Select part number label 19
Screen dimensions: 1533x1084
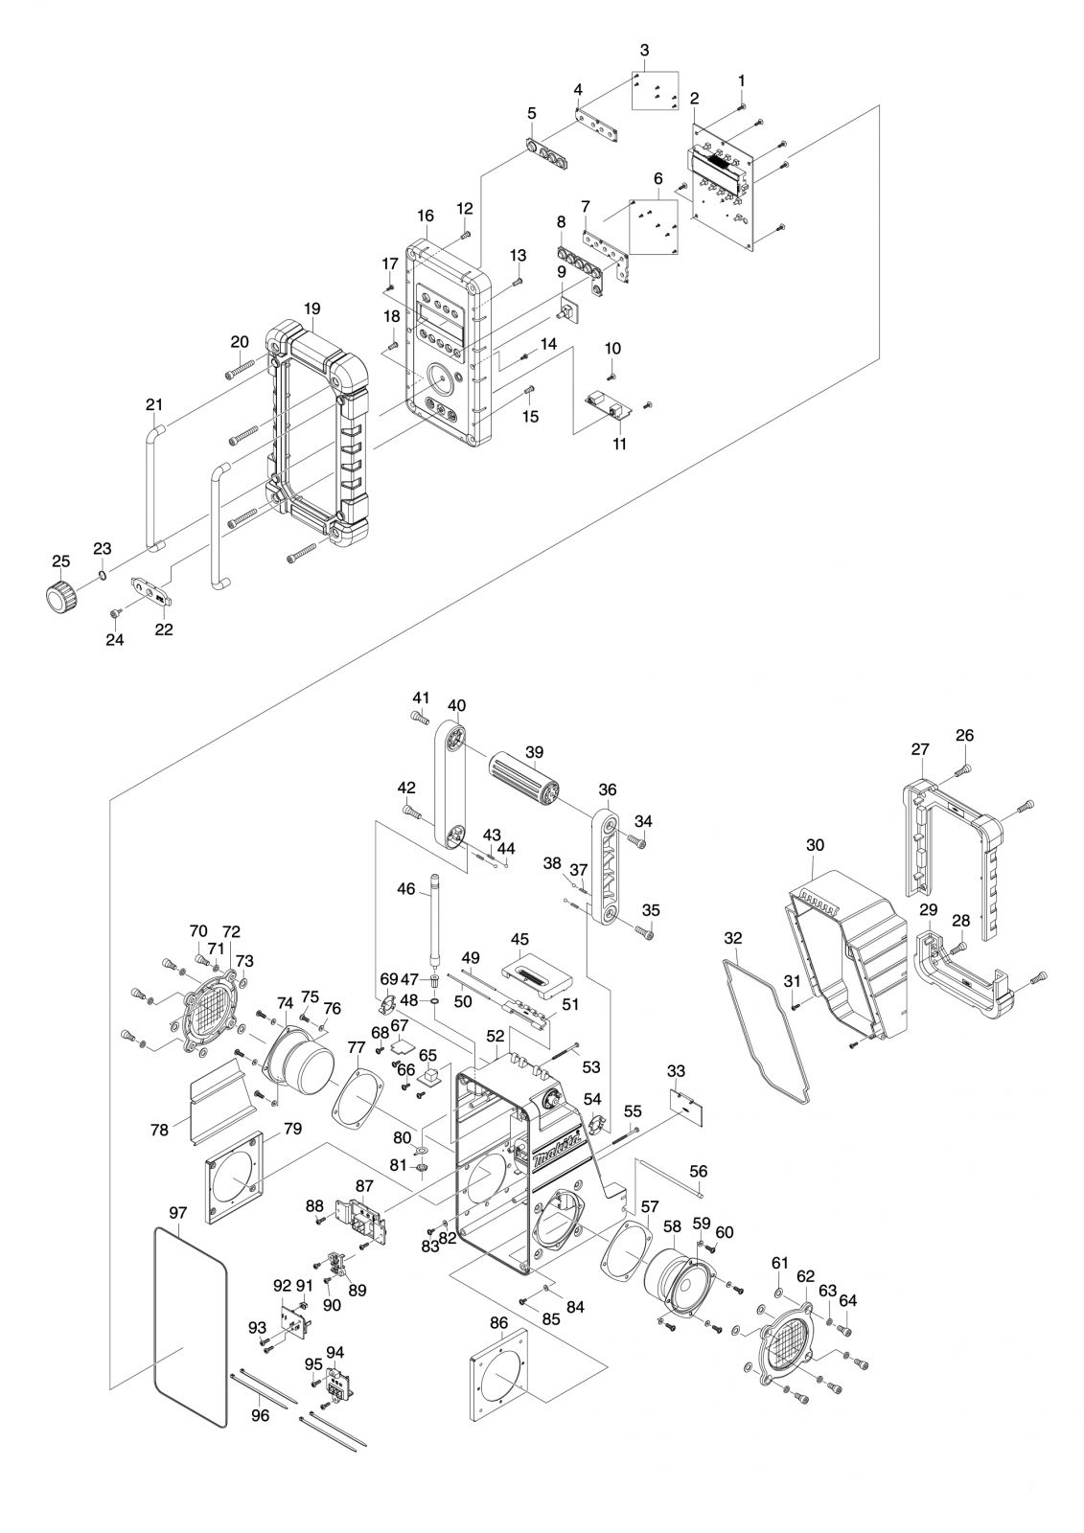point(312,309)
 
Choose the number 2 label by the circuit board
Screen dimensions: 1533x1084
point(694,98)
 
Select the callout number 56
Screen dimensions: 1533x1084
point(699,1172)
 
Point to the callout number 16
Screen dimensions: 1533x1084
point(426,216)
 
